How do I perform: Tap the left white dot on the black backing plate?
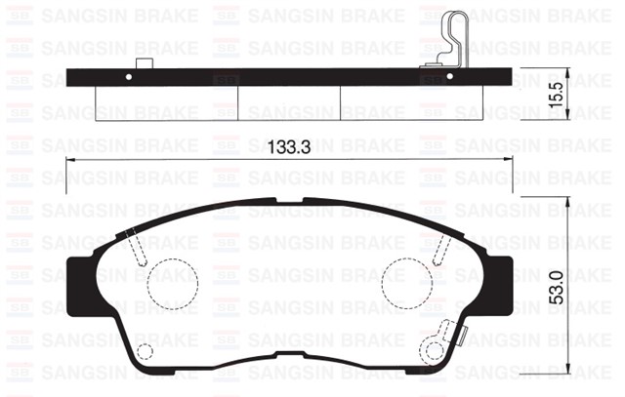[131, 76]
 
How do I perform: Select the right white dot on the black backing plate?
[449, 76]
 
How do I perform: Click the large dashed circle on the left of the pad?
[175, 282]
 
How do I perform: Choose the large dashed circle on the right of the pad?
[405, 282]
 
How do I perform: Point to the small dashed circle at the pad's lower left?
[145, 351]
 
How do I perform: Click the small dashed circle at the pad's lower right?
[434, 349]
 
